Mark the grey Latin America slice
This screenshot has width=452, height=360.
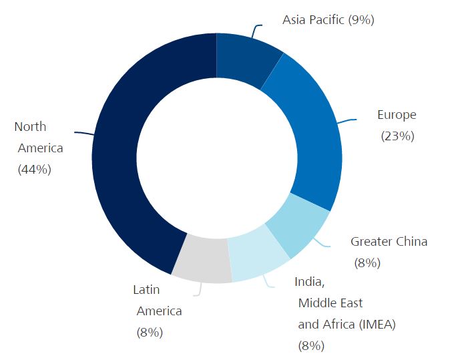click(x=200, y=260)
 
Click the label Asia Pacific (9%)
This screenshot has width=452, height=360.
click(x=328, y=20)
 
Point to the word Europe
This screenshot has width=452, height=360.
click(x=397, y=115)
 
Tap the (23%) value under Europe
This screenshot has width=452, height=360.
click(x=397, y=136)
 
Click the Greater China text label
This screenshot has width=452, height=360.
click(x=389, y=241)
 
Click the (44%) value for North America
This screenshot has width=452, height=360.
click(x=34, y=169)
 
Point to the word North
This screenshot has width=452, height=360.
click(x=30, y=127)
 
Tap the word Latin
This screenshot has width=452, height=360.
click(x=146, y=290)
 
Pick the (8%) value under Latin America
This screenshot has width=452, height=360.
click(x=150, y=332)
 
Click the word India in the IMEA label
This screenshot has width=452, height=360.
click(x=308, y=281)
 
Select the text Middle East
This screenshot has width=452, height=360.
click(x=330, y=303)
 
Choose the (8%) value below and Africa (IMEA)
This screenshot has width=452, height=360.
click(x=311, y=345)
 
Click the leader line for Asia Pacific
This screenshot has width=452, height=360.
click(x=254, y=30)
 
